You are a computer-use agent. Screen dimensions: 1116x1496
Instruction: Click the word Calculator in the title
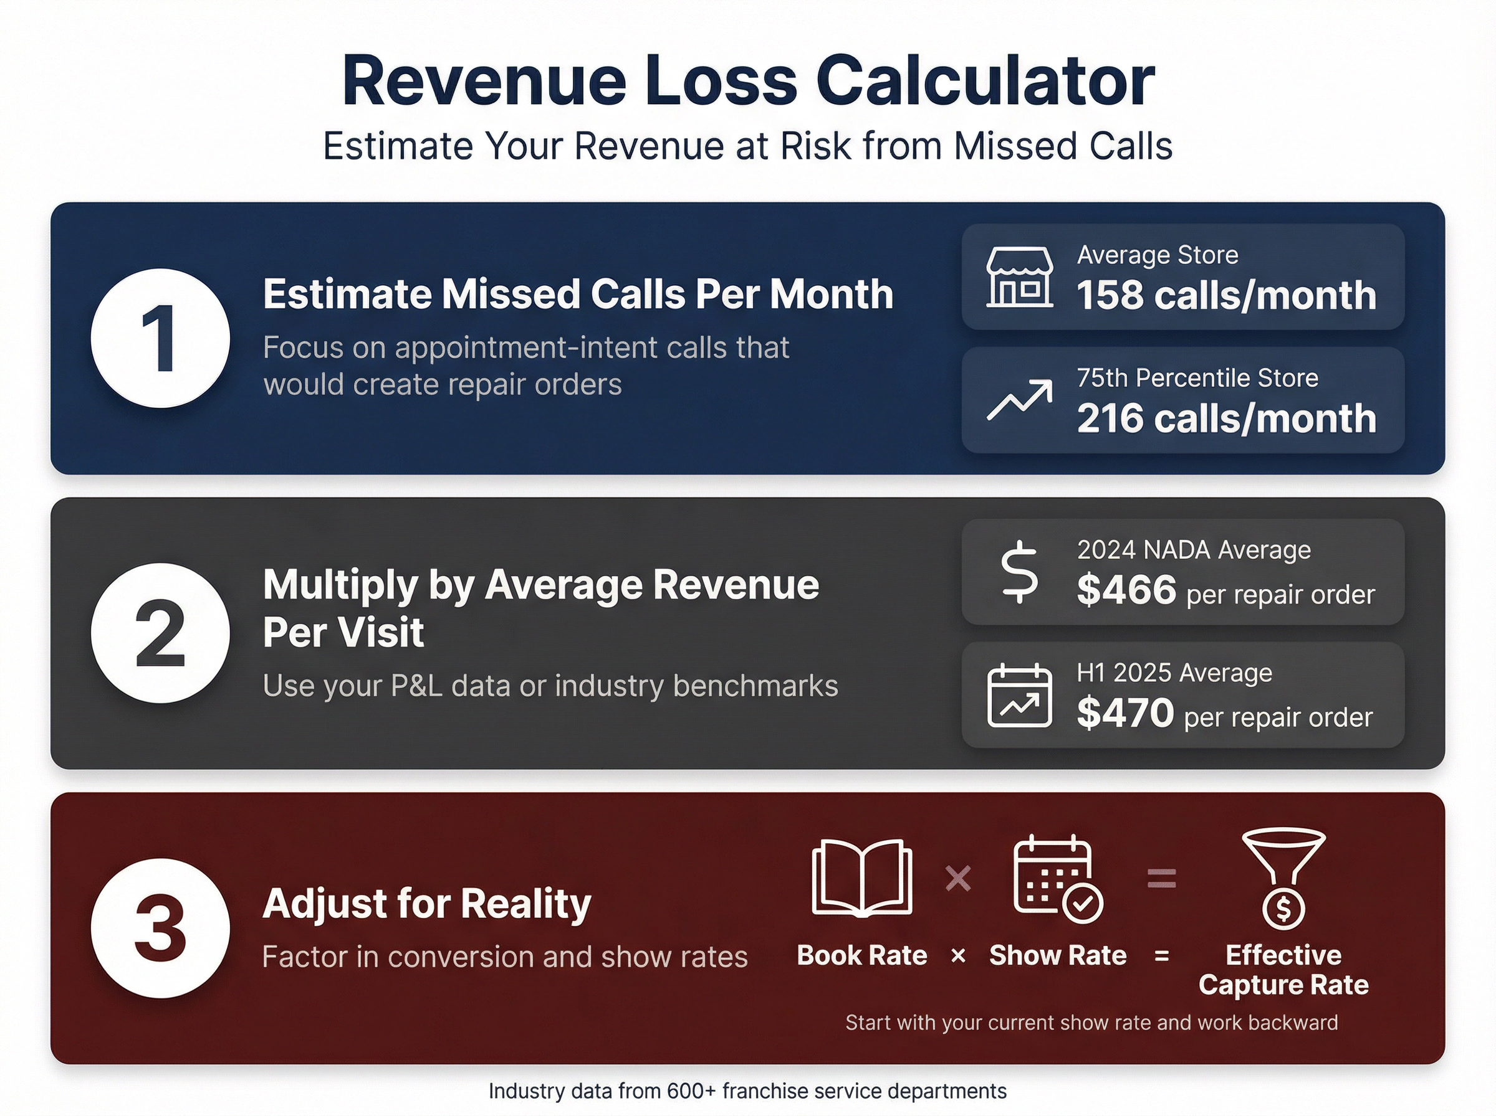coord(985,81)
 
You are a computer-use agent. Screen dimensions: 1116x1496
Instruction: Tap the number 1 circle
coord(160,338)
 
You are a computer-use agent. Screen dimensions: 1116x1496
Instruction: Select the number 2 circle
coord(160,633)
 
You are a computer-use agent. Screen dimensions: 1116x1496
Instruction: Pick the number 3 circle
coord(160,928)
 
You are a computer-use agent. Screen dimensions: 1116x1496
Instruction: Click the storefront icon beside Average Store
coord(1019,277)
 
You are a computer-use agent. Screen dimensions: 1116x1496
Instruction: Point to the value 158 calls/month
coord(1225,296)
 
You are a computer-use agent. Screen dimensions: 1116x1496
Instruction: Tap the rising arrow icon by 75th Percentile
coord(1019,400)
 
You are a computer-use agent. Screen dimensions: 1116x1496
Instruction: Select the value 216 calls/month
coord(1225,419)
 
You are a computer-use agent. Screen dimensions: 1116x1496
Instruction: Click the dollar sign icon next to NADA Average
coord(1019,572)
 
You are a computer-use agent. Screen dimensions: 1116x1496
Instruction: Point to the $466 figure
coord(1126,590)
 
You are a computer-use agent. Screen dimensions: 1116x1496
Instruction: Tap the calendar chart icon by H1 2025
coord(1019,696)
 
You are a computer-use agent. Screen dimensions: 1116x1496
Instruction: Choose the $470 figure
coord(1125,712)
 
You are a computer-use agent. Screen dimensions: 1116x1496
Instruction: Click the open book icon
coord(862,877)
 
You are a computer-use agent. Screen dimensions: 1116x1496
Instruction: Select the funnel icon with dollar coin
coord(1283,877)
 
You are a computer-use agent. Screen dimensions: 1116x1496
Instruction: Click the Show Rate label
coord(1058,955)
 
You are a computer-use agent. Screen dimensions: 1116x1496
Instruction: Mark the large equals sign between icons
coord(1161,878)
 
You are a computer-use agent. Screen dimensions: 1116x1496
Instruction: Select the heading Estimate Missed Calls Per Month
coord(578,295)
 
